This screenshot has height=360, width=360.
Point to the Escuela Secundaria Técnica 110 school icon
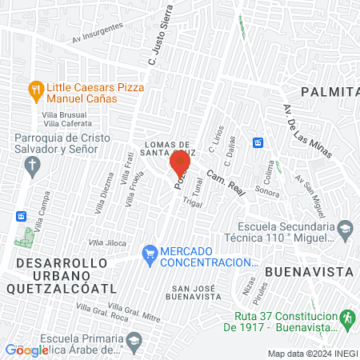tap(344, 230)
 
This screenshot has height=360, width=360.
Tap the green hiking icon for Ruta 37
tap(346, 318)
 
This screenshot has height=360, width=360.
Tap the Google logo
tap(26, 350)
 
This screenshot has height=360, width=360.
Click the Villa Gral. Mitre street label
tap(135, 312)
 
